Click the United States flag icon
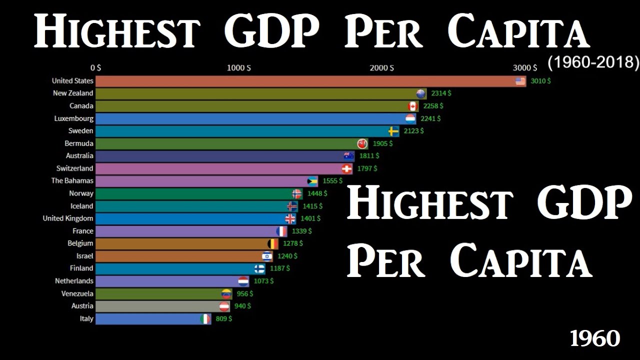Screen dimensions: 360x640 tap(520, 81)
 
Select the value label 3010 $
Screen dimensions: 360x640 tap(540, 81)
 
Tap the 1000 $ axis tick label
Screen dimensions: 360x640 tap(239, 68)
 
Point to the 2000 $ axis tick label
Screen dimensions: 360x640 tap(381, 68)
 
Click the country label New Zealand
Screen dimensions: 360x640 tap(73, 93)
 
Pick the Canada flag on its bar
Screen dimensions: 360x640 tap(413, 106)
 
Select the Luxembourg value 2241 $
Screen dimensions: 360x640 tap(430, 118)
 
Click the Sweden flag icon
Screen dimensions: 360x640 tap(394, 131)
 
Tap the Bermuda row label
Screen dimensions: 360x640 tap(79, 143)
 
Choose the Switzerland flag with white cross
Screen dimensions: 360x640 tap(346, 168)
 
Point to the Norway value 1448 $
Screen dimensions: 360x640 tap(317, 193)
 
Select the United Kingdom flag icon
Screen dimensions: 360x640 tap(290, 218)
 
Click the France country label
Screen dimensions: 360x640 tap(83, 231)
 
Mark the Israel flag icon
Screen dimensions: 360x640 tap(267, 256)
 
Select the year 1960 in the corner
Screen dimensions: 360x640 tap(595, 339)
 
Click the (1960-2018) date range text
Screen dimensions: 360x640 tap(593, 62)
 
